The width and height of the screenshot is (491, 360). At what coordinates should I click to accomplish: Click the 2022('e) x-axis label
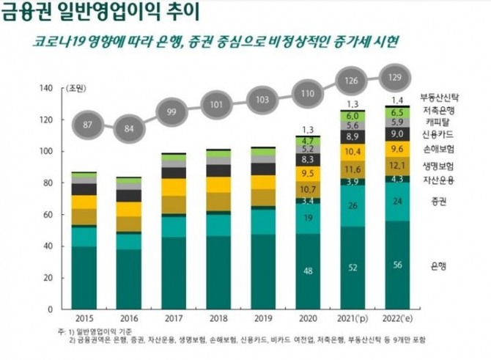pyautogui.click(x=400, y=319)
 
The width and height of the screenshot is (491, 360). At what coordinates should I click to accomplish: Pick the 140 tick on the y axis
pyautogui.click(x=48, y=89)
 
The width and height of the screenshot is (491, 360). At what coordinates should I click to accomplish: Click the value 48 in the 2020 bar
pyautogui.click(x=308, y=271)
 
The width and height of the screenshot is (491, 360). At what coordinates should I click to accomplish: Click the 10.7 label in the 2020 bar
pyautogui.click(x=308, y=189)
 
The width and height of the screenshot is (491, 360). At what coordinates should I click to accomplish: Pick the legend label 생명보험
pyautogui.click(x=440, y=166)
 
